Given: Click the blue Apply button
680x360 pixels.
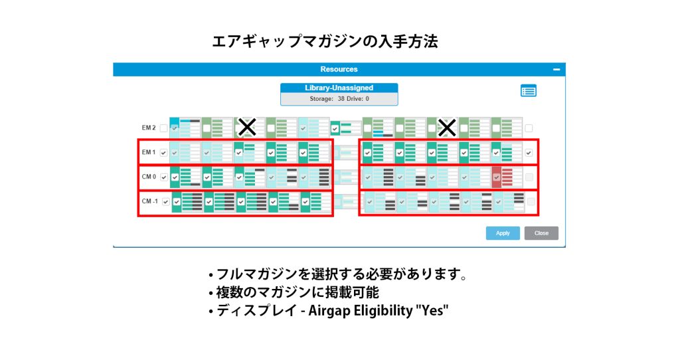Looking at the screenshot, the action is click(503, 233).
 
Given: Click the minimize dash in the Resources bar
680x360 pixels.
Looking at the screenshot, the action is click(556, 69).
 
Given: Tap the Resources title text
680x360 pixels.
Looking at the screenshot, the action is click(339, 69).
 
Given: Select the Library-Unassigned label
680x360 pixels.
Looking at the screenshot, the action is click(339, 88).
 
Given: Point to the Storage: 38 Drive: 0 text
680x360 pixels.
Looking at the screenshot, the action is click(339, 99).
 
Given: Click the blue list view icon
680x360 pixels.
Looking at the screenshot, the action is click(528, 90).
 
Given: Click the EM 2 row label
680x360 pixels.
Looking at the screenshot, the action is click(148, 128).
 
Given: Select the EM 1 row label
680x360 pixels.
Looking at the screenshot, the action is click(148, 152).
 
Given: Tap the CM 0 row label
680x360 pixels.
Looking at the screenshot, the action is click(149, 177).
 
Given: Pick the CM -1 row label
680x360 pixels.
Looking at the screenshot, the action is click(149, 201).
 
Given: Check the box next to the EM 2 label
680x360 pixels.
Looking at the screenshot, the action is click(163, 128).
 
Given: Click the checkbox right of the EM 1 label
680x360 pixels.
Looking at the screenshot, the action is click(163, 153).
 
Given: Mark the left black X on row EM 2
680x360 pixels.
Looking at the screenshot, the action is click(247, 128).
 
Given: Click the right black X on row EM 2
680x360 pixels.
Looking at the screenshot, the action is click(447, 128).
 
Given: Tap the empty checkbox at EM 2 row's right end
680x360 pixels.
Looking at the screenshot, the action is click(529, 128).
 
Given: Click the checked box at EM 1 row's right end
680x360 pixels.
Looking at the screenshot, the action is click(529, 153).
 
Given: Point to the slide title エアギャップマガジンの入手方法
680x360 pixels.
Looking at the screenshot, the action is click(325, 42).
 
